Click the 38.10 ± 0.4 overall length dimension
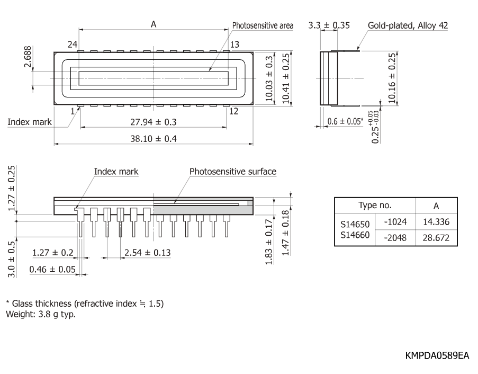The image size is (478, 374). (154, 139)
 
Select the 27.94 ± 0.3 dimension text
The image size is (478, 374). (154, 122)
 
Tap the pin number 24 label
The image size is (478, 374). (72, 44)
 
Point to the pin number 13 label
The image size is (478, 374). (235, 44)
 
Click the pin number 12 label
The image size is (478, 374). (233, 111)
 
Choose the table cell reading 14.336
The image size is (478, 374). (436, 222)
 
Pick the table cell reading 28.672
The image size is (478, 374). (436, 238)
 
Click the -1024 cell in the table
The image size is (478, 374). (395, 222)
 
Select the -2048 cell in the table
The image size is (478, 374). (395, 238)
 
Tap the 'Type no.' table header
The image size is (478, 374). (375, 206)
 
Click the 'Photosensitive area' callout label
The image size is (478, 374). (263, 25)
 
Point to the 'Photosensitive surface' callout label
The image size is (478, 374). (233, 172)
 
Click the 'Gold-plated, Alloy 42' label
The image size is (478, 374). (408, 25)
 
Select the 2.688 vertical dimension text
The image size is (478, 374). (28, 57)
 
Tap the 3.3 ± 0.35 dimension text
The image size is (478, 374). (329, 25)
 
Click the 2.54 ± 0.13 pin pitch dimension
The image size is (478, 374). (148, 253)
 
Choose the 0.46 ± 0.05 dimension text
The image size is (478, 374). (52, 269)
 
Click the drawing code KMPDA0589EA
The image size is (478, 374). (437, 355)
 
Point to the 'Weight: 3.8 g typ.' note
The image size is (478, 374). (41, 314)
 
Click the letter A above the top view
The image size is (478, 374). (154, 24)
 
